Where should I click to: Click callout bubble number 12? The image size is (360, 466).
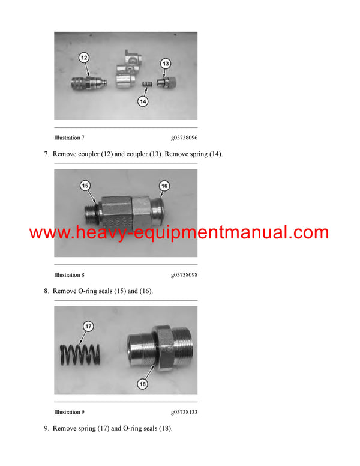(x=85, y=57)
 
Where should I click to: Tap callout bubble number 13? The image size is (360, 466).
(x=166, y=62)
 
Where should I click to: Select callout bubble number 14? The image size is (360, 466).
(x=143, y=102)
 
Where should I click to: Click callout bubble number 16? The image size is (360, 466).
(x=164, y=186)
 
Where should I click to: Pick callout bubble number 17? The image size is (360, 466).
(x=88, y=327)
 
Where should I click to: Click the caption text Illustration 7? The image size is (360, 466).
(x=69, y=138)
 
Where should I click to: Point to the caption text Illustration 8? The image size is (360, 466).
(x=69, y=275)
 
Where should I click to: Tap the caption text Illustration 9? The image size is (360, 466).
(x=69, y=412)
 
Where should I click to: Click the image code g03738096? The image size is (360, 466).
(x=184, y=138)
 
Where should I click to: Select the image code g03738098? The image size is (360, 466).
(x=184, y=275)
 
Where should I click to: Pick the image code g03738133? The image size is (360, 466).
(x=184, y=412)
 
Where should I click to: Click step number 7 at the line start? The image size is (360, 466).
(x=47, y=154)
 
